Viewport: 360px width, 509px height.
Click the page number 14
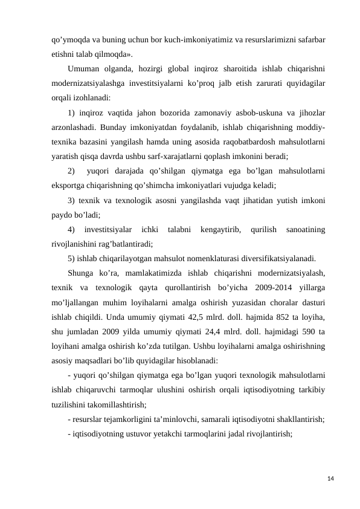[x=329, y=479]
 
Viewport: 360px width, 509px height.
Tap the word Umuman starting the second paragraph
[x=85, y=67]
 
